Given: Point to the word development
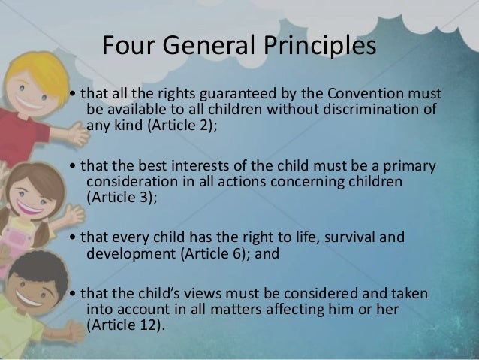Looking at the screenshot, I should click(x=130, y=251).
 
